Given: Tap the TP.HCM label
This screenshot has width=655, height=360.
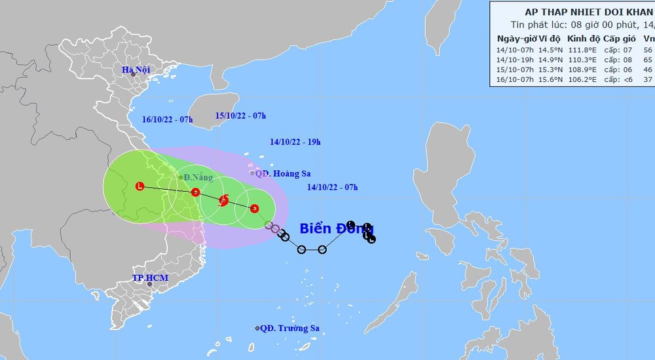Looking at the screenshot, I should click(x=150, y=278).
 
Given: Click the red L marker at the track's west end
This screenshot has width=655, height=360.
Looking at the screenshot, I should click(x=139, y=186).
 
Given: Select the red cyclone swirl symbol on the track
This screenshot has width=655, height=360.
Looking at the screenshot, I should click(x=224, y=200).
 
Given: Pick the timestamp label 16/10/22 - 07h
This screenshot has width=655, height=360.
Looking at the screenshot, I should click(x=167, y=119).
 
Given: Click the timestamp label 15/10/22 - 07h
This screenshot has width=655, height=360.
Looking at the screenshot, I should click(x=240, y=116).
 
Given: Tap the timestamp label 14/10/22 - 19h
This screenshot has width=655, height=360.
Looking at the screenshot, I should click(x=295, y=141).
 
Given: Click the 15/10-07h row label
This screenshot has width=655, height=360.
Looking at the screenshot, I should click(x=515, y=69).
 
